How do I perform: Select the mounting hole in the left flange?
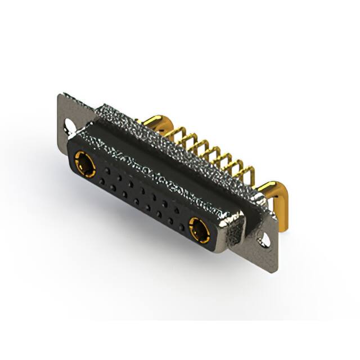point(70,124)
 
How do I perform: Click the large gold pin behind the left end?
point(151,121)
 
